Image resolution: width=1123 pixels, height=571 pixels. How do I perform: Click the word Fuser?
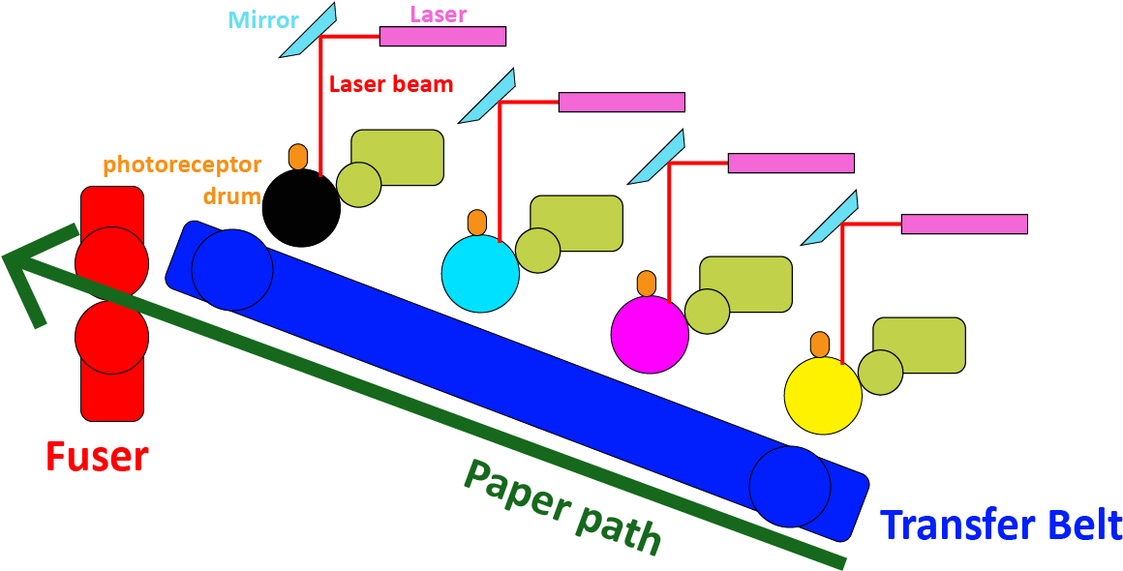tap(97, 456)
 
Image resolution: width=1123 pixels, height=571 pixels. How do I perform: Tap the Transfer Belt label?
tap(1000, 526)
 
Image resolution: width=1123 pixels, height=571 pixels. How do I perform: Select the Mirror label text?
tap(262, 20)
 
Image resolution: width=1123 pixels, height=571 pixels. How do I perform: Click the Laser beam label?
tap(391, 84)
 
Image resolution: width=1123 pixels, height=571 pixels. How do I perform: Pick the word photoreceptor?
tap(182, 165)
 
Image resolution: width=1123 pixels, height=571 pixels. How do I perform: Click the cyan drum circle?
tap(480, 273)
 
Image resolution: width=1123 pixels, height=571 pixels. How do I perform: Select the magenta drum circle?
tap(650, 334)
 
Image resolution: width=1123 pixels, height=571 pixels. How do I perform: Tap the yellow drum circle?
tap(823, 396)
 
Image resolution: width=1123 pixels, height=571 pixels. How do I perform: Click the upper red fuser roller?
tap(111, 262)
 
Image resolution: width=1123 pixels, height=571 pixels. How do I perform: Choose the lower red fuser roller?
tap(111, 338)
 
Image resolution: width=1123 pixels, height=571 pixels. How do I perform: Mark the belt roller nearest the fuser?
tap(232, 270)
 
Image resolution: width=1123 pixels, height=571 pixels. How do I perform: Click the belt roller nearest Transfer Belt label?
tap(789, 486)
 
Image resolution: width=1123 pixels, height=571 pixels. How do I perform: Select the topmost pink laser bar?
tap(442, 37)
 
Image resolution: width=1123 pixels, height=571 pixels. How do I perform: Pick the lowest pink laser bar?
tap(964, 225)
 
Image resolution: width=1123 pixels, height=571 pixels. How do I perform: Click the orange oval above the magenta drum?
tap(647, 284)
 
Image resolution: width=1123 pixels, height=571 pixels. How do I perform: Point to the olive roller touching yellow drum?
tap(880, 372)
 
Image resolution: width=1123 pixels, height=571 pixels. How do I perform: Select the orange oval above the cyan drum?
tap(477, 223)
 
